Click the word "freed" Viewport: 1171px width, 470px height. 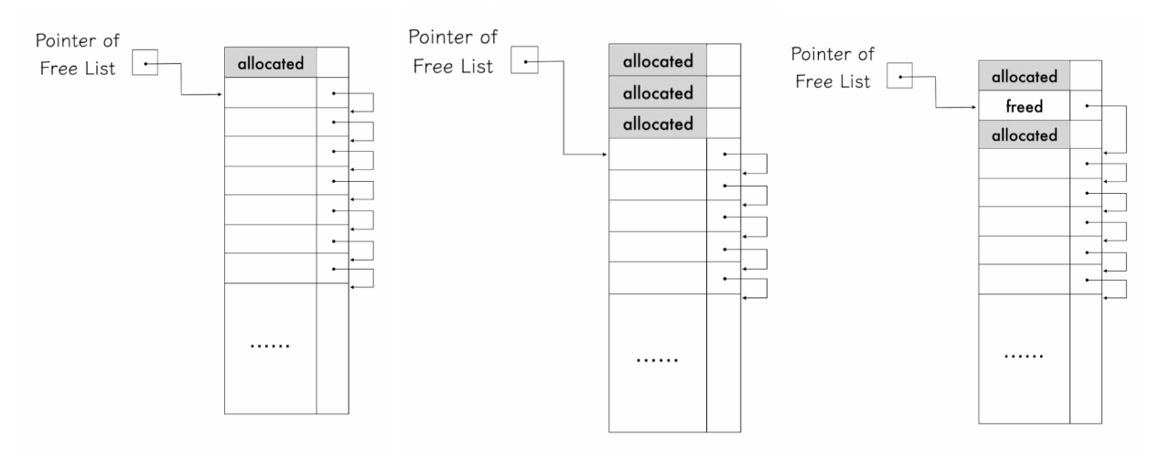[x=1023, y=107]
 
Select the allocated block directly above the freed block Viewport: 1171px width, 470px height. [x=1023, y=77]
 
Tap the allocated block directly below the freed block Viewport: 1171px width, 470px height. [x=1023, y=135]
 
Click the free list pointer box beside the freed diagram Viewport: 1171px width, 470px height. [x=900, y=79]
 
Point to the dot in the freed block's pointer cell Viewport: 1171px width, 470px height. [x=1086, y=106]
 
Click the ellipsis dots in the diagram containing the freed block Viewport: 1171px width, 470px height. [x=1023, y=354]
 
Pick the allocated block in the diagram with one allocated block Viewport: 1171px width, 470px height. [x=270, y=63]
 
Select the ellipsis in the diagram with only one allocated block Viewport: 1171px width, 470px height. [x=270, y=347]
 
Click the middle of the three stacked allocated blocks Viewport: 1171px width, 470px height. [x=657, y=92]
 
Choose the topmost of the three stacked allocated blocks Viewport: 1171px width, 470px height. [x=657, y=62]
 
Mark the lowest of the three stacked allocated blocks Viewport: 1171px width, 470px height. [x=657, y=123]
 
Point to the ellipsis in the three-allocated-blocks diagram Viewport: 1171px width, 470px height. [x=657, y=359]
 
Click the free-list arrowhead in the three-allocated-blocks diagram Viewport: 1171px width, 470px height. [x=604, y=155]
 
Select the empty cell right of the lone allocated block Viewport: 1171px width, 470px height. [x=332, y=63]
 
